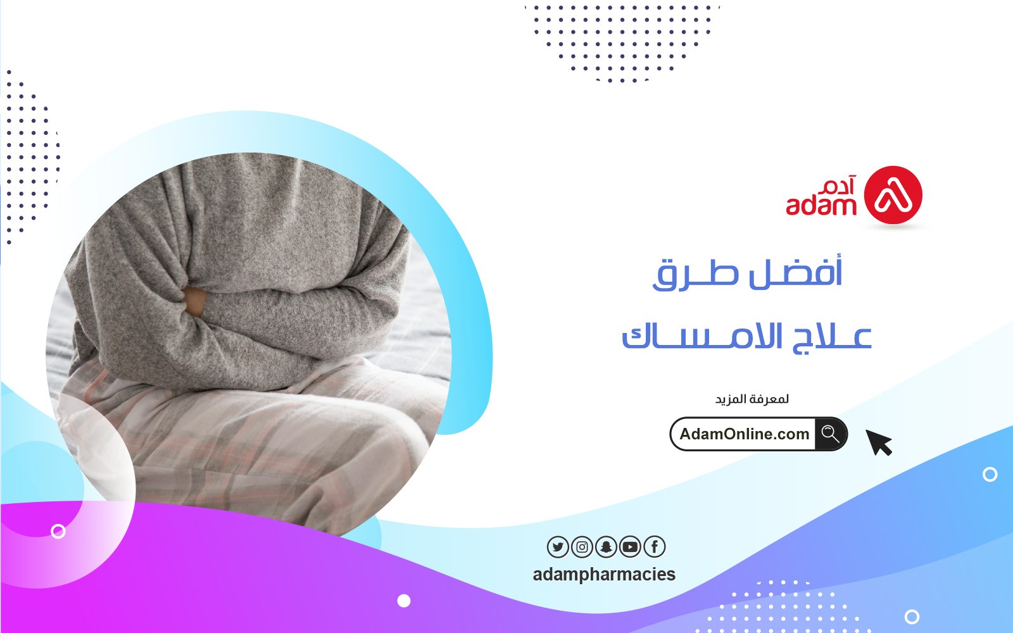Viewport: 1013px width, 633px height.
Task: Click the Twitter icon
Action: (x=558, y=547)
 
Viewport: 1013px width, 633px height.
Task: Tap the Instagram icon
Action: (x=582, y=547)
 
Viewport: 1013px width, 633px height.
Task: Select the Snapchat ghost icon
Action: (x=606, y=547)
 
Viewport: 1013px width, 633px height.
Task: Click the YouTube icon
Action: (x=630, y=547)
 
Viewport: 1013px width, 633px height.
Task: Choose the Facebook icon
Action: (x=655, y=547)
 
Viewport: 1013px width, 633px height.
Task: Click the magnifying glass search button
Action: (x=831, y=434)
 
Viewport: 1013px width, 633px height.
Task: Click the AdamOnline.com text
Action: (x=745, y=434)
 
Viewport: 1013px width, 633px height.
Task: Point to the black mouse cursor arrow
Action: (x=878, y=442)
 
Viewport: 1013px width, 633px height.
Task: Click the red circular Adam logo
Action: (x=893, y=195)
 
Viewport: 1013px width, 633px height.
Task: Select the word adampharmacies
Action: (x=604, y=575)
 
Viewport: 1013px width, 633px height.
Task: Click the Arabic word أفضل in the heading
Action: (x=796, y=272)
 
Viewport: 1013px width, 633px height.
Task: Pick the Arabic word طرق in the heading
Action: (x=696, y=274)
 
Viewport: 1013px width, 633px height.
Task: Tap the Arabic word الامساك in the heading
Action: (x=702, y=336)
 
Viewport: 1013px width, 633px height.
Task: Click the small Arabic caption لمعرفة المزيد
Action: (x=752, y=399)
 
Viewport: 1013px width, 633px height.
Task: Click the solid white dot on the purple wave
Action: (x=404, y=601)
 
